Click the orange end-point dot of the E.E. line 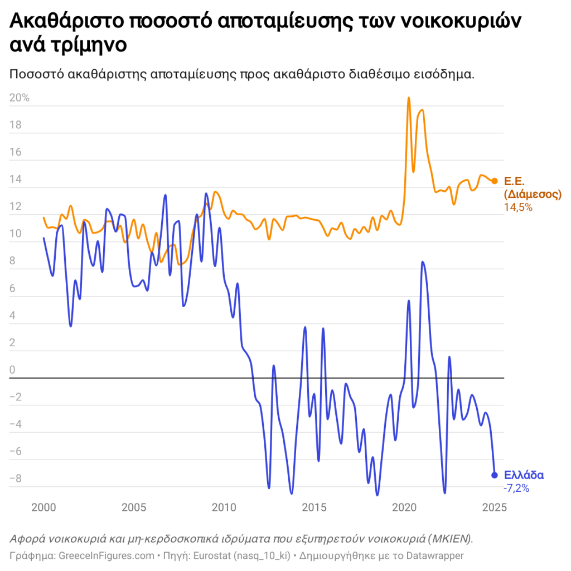(x=494, y=181)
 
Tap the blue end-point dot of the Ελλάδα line (x=494, y=475)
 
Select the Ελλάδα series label (x=524, y=475)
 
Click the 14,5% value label (x=518, y=207)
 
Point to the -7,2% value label (x=516, y=488)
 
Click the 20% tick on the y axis (x=20, y=98)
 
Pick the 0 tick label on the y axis (x=13, y=370)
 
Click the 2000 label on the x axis (x=43, y=507)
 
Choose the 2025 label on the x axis (x=493, y=507)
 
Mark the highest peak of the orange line (x=409, y=98)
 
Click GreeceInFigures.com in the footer (x=106, y=555)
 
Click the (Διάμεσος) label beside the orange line (x=532, y=195)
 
